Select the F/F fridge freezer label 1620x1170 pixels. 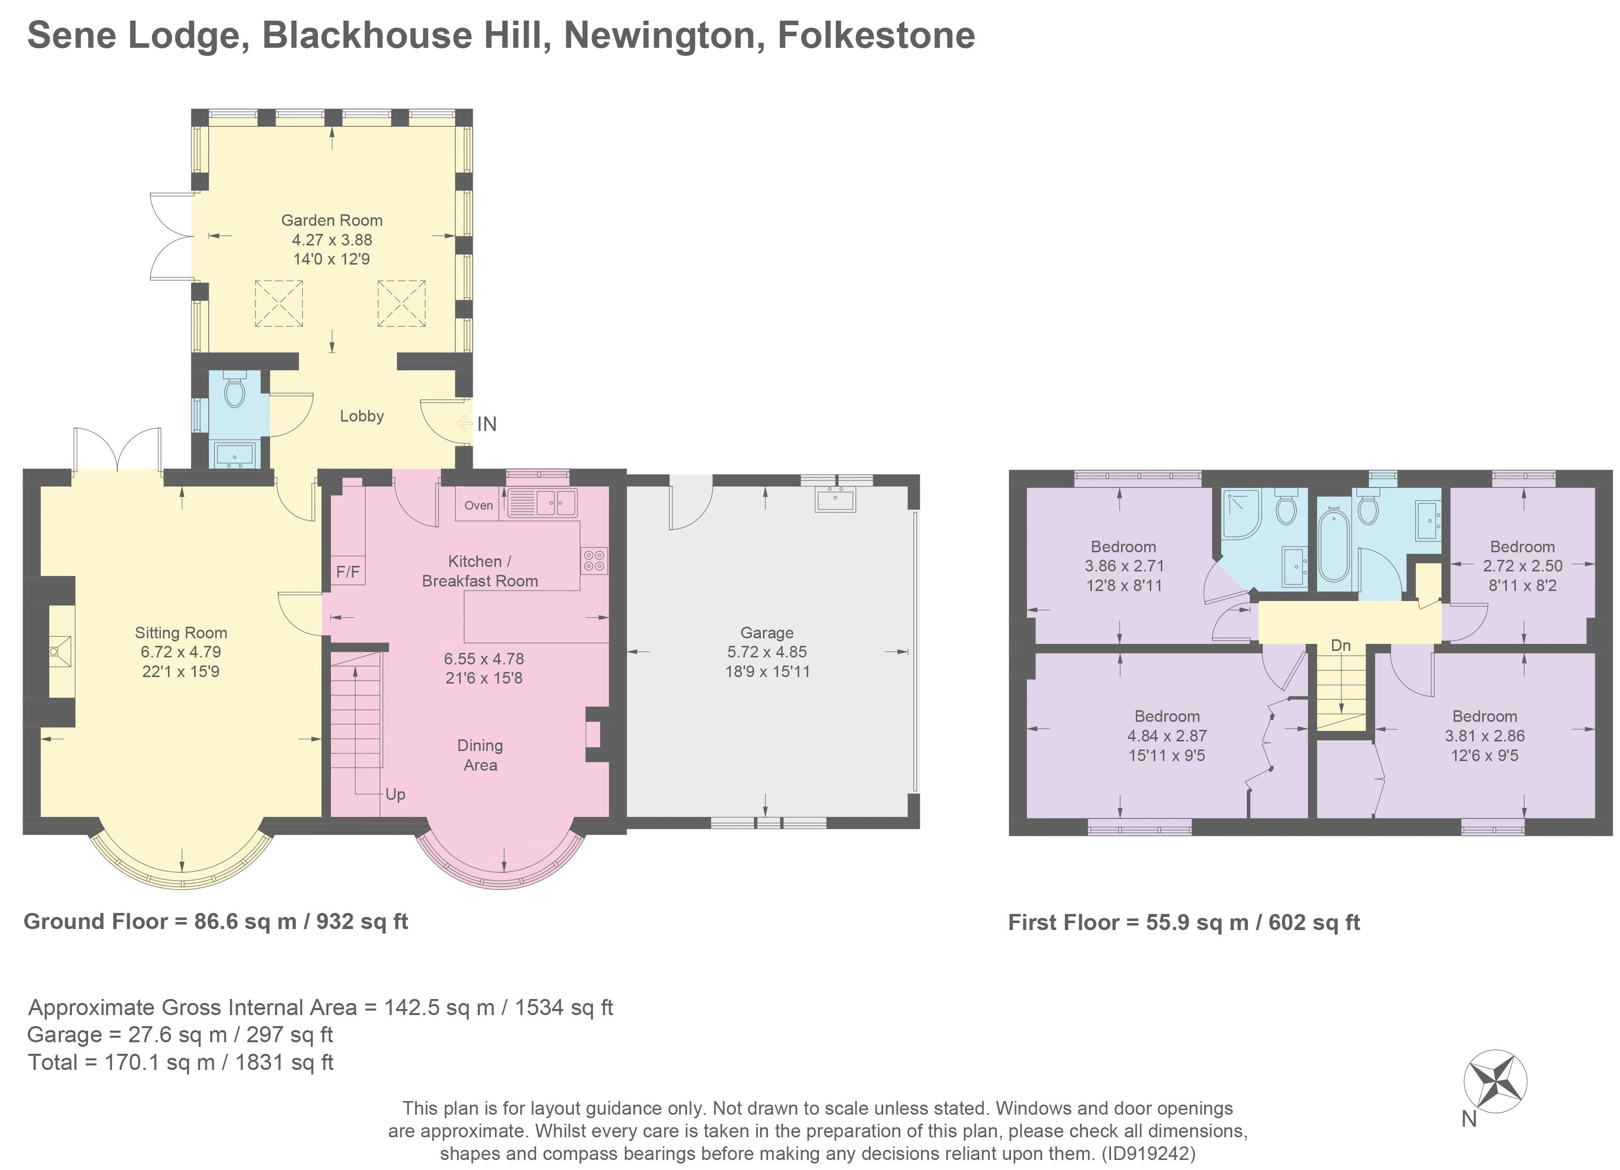coord(348,571)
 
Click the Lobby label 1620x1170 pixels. coord(362,415)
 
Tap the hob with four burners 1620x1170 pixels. coord(594,560)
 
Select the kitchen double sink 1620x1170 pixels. coord(542,503)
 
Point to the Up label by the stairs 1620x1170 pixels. coord(395,794)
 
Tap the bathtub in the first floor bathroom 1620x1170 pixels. coord(1333,555)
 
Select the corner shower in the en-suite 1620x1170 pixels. coord(1241,514)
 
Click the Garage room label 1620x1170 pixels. coord(766,633)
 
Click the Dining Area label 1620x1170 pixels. coord(480,755)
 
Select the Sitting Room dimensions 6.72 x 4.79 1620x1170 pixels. coord(181,652)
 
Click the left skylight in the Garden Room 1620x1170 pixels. coord(279,304)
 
